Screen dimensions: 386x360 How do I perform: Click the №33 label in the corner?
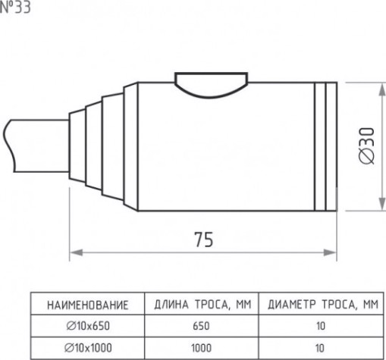coord(15,7)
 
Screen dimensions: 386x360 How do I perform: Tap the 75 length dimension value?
coord(204,239)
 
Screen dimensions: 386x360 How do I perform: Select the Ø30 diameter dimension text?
coord(367,146)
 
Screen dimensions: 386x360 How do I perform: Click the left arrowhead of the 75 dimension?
coord(77,252)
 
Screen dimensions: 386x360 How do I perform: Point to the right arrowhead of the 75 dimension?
coord(330,252)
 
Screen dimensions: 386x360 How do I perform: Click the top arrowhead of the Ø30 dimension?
coord(381,89)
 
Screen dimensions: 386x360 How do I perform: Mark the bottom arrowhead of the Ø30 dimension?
coord(381,204)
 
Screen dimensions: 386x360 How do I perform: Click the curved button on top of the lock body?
coord(212,84)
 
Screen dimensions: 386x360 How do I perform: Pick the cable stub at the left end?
coord(36,146)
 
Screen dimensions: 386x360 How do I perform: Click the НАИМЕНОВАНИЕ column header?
coord(88,305)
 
